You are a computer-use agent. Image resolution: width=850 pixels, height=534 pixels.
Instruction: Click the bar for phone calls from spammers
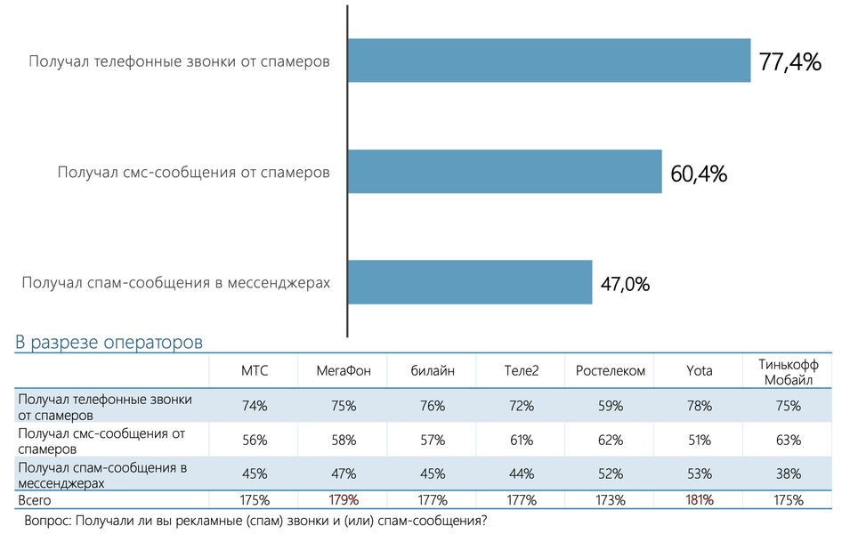(x=548, y=61)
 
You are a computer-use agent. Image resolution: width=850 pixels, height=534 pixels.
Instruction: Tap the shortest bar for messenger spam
(x=470, y=282)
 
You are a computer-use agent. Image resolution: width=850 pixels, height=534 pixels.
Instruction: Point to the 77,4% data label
(x=789, y=62)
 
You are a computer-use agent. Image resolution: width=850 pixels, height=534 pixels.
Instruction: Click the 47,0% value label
(x=625, y=285)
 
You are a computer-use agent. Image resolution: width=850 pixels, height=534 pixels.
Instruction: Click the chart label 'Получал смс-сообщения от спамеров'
(x=193, y=172)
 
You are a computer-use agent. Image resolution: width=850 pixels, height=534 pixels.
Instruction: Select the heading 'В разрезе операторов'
(x=109, y=342)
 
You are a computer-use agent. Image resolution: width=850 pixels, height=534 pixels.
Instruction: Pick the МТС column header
(x=255, y=370)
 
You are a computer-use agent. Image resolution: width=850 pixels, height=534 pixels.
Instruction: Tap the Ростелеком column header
(x=610, y=370)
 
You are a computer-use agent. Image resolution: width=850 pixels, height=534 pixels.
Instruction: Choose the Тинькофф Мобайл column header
(x=789, y=370)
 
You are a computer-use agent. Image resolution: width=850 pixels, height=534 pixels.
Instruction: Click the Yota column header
(x=699, y=370)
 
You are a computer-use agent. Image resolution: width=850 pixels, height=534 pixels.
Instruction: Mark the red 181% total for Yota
(x=699, y=499)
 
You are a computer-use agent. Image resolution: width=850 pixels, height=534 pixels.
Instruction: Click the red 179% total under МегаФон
(x=343, y=499)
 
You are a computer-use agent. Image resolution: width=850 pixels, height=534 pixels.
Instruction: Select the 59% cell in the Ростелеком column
(x=610, y=406)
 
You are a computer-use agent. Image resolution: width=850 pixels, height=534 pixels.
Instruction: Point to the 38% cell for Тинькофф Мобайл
(x=789, y=473)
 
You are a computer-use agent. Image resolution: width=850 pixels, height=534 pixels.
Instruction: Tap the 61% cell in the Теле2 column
(x=521, y=440)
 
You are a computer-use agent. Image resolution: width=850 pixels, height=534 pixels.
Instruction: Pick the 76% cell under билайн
(x=432, y=406)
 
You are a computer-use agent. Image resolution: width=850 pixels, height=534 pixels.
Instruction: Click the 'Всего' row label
(x=36, y=499)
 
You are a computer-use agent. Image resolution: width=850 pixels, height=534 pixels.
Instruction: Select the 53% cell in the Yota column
(x=699, y=473)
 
